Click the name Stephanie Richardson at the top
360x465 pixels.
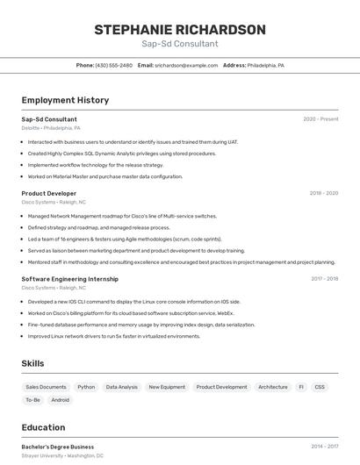pos(180,30)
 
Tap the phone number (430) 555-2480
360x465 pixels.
pos(113,65)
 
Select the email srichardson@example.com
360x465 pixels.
pos(186,65)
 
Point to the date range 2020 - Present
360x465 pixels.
pos(320,119)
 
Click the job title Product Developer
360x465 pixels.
pos(49,193)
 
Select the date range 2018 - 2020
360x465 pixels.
pos(324,193)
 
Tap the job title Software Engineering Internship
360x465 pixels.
pos(70,279)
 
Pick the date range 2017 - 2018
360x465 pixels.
pos(324,279)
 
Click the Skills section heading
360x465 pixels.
pos(32,363)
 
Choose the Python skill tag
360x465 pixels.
pos(86,387)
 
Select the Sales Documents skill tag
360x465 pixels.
pos(46,387)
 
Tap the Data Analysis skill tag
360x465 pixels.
pos(121,387)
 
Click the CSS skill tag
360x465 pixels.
pos(320,387)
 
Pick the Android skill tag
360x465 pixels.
pos(61,400)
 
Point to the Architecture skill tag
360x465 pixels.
pos(272,387)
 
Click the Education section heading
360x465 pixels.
pos(43,428)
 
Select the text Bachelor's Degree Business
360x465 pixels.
pos(58,447)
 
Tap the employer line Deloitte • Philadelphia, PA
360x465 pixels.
pos(51,128)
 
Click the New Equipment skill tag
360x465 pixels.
pos(167,387)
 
